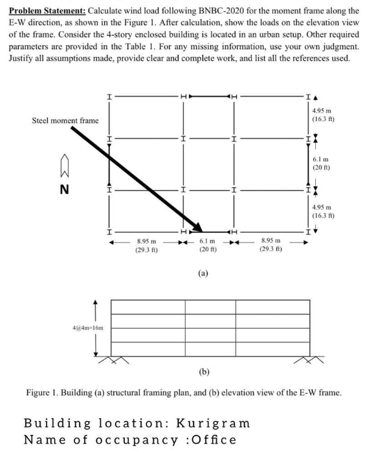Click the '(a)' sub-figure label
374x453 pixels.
point(203,274)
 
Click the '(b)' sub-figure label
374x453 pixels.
point(204,374)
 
